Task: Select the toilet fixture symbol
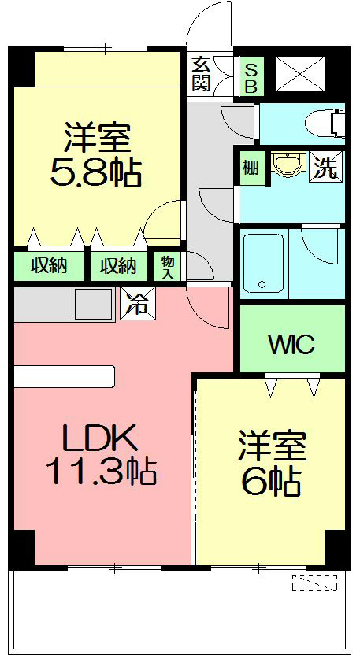330,123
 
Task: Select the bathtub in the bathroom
263,264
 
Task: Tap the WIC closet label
291,344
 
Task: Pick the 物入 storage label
168,266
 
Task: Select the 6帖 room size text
270,483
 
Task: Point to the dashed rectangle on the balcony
314,583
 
